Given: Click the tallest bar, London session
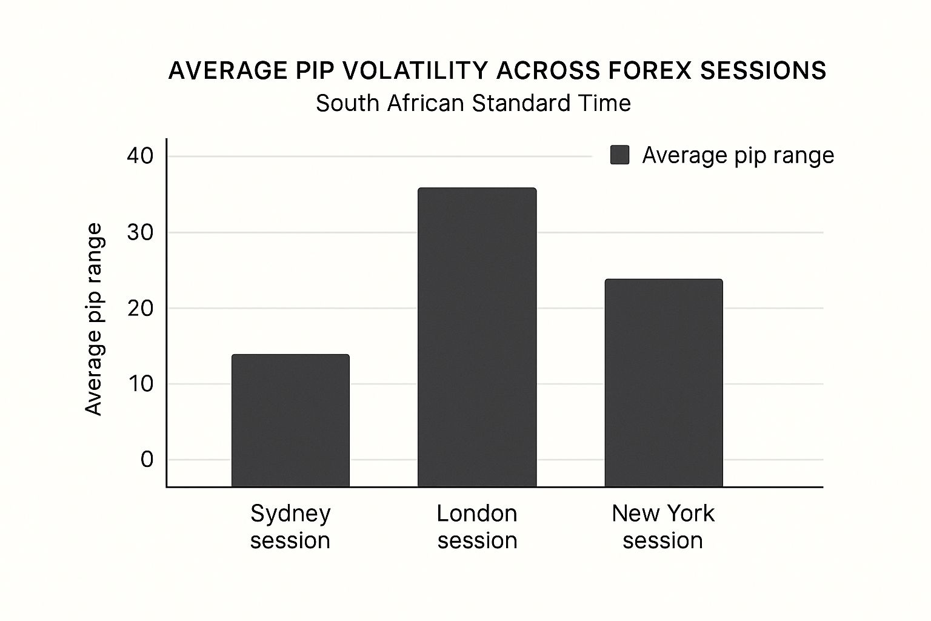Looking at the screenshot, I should tap(477, 337).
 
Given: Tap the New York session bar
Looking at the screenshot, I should tap(664, 383).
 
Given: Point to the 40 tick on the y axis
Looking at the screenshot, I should tap(140, 156).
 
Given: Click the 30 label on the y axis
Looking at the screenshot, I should tap(140, 232).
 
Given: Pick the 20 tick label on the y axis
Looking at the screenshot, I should tap(140, 308).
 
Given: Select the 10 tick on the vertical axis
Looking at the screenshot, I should tap(140, 384).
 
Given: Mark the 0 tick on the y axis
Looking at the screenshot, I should tap(147, 460).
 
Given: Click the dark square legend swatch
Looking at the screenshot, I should tap(619, 155).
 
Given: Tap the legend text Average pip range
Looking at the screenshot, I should tap(738, 155).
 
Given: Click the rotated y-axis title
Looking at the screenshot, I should tap(93, 320).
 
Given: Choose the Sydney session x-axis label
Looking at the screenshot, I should tap(290, 526).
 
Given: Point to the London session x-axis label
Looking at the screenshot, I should tap(477, 526).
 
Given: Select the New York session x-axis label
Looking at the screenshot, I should tap(663, 526).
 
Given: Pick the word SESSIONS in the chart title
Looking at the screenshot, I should tap(763, 71).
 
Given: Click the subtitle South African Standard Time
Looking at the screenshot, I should tap(473, 103).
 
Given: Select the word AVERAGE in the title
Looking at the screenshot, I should tap(227, 71).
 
